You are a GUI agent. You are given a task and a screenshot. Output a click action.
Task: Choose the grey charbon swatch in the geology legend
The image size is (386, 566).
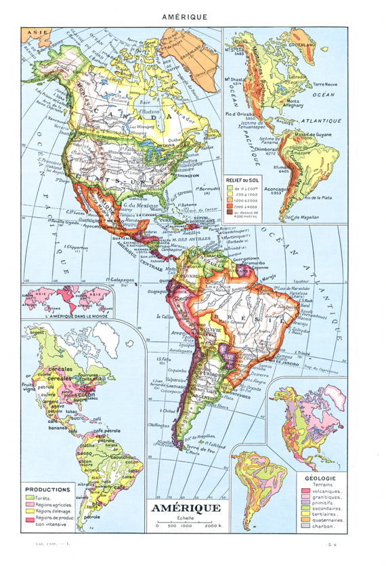tap(303, 527)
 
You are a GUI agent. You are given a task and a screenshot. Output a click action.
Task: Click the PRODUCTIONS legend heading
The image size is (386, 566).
tap(47, 489)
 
